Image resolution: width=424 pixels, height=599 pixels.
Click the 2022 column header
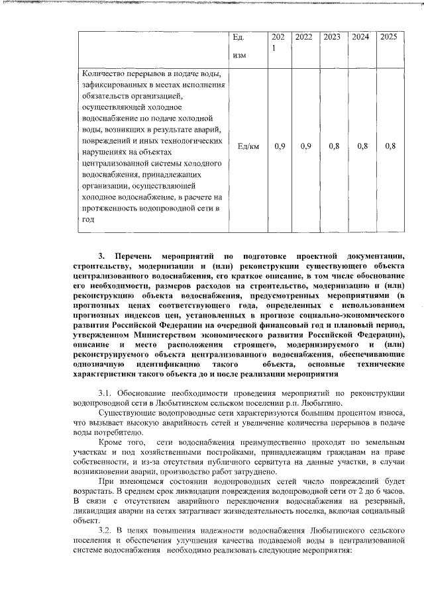coord(303,38)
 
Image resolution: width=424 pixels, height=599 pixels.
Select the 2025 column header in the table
coord(388,38)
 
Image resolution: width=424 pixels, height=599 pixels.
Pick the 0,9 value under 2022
coord(305,146)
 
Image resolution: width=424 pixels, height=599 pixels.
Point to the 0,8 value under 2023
coord(333,146)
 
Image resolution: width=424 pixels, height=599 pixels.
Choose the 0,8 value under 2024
coord(362,146)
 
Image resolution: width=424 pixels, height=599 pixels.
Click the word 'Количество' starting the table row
coord(105,73)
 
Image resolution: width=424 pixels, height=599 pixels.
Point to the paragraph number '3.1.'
coord(108,393)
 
